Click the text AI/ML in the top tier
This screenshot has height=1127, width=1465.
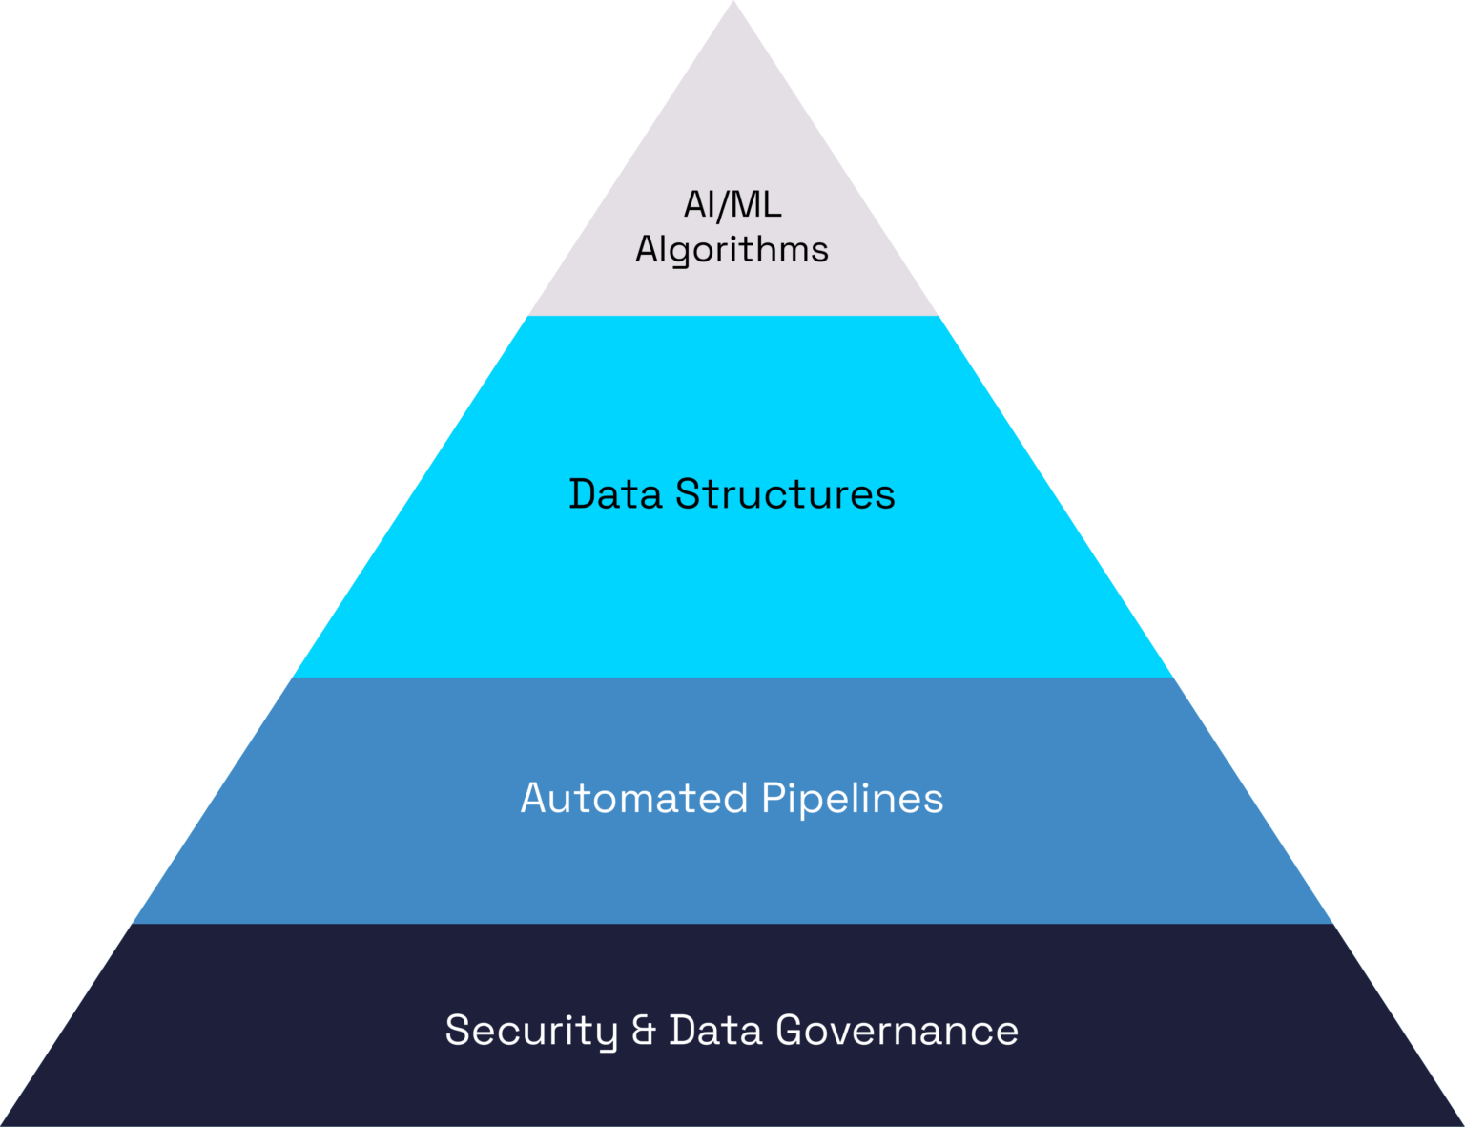tap(732, 205)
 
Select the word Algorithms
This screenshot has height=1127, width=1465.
tap(732, 250)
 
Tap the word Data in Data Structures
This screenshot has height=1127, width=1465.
tap(615, 494)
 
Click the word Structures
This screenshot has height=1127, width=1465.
tap(785, 494)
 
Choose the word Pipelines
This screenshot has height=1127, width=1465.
tap(852, 799)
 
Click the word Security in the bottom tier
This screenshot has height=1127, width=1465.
tap(531, 1032)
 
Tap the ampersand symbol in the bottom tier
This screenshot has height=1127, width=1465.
tap(644, 1032)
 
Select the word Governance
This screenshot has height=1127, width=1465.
tap(897, 1032)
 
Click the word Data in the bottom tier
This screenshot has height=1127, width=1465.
tap(715, 1032)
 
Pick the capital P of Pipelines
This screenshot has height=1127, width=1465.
tap(774, 799)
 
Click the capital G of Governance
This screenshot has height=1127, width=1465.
tap(792, 1032)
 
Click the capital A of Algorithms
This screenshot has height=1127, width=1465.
tap(649, 250)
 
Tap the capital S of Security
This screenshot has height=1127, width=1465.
tap(459, 1032)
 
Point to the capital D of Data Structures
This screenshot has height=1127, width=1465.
tap(583, 494)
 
